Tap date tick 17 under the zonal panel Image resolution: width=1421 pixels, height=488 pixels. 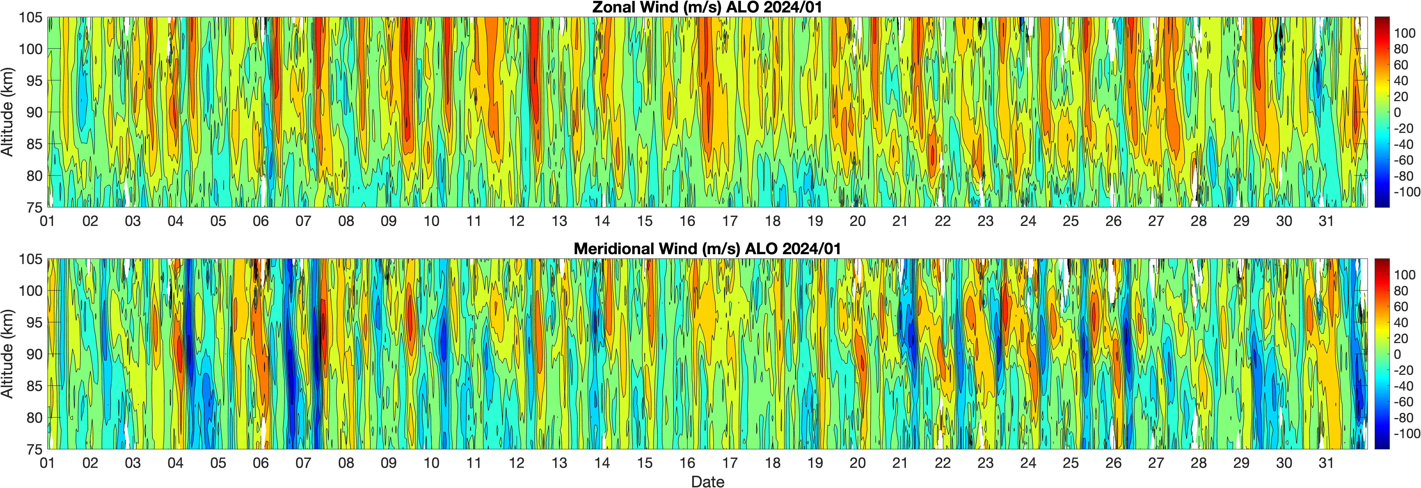tap(730, 221)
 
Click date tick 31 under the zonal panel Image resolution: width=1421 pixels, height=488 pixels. tap(1326, 221)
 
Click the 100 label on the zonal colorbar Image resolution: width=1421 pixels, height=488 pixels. tap(1404, 33)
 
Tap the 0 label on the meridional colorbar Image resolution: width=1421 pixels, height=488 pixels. tap(1397, 354)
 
